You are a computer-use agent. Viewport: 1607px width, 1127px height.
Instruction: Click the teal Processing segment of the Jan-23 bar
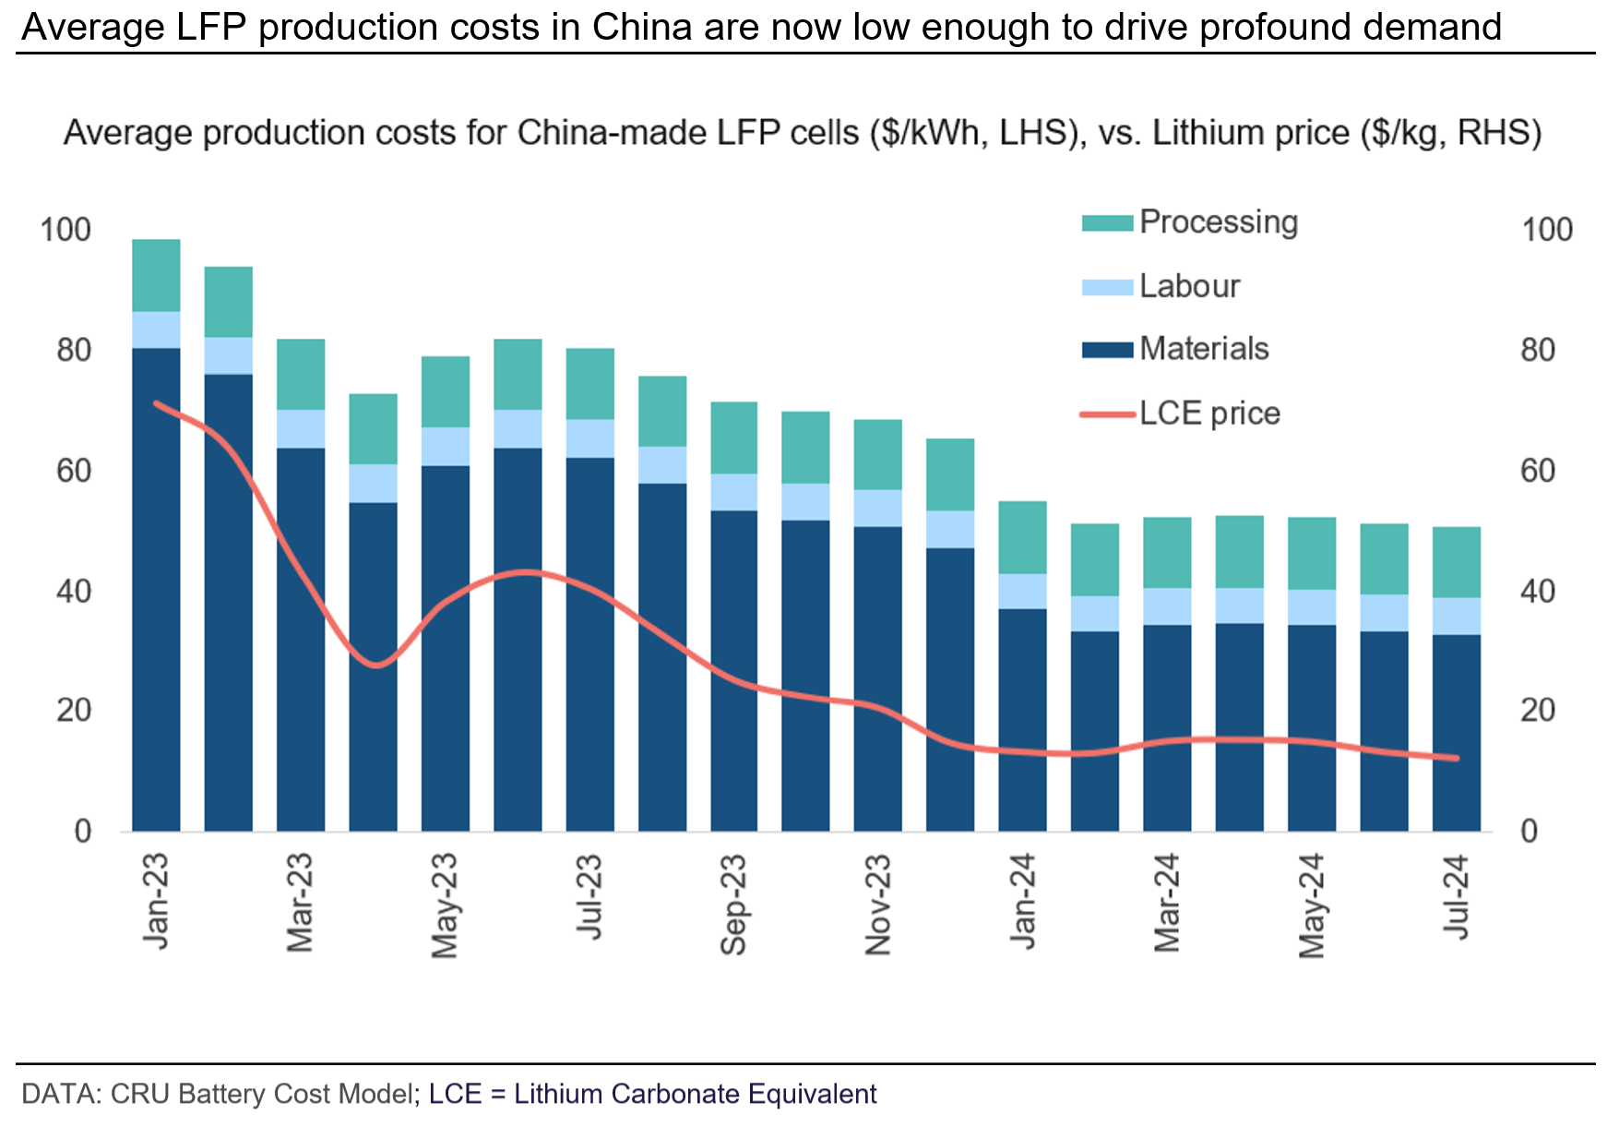tap(156, 275)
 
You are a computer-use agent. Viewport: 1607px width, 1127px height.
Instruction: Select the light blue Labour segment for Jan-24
tap(1022, 591)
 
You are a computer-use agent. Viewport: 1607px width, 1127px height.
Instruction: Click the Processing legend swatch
tap(1106, 223)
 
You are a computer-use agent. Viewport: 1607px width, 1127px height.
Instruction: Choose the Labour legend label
tap(1189, 286)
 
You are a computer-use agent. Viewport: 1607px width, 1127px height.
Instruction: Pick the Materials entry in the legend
tap(1204, 349)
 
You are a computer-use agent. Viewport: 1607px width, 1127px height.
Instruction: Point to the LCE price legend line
tap(1106, 414)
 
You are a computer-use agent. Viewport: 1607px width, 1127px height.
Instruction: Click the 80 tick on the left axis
tap(74, 351)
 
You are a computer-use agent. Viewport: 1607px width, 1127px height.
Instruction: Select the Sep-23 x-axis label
tap(733, 905)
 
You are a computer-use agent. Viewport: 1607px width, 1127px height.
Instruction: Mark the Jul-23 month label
tap(589, 897)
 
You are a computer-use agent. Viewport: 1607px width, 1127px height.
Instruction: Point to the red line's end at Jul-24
tap(1457, 759)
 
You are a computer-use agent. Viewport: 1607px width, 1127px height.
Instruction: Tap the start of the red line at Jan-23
tap(157, 403)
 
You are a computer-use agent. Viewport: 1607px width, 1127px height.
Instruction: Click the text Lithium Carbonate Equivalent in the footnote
tap(695, 1094)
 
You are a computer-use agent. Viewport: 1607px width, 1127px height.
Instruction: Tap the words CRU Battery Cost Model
tap(261, 1094)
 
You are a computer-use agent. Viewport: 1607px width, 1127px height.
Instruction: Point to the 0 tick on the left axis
tap(83, 832)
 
